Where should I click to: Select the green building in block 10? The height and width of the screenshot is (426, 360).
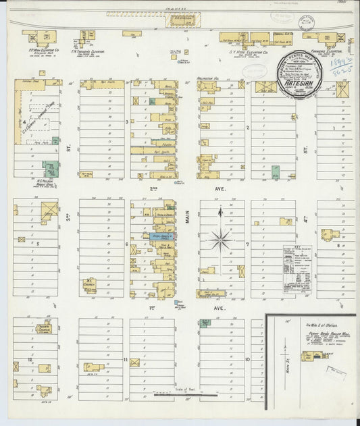[x=204, y=323]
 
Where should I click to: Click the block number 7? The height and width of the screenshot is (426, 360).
[x=248, y=244]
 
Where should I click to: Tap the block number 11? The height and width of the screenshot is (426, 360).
[x=126, y=360]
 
